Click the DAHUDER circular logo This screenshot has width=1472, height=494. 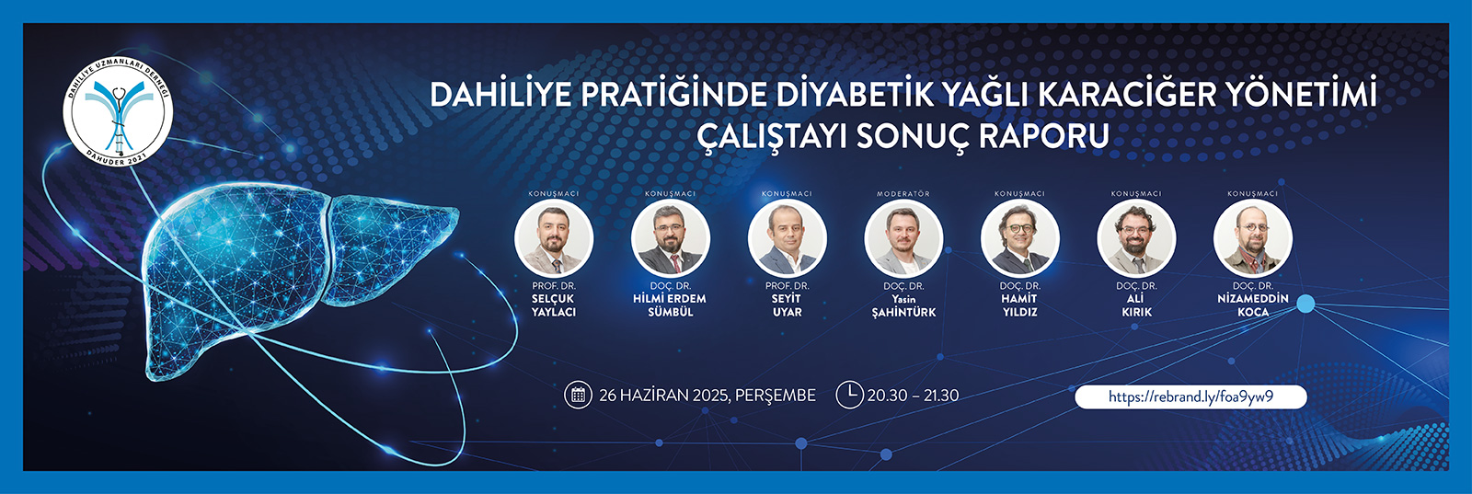119,111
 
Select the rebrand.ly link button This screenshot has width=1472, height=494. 1190,396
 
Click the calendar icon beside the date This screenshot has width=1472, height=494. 579,395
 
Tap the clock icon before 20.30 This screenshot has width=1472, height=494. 850,395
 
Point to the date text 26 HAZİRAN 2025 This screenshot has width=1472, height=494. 663,396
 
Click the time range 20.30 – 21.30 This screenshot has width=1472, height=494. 913,396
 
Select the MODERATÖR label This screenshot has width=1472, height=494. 903,194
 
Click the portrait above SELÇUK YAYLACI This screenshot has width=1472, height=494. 554,238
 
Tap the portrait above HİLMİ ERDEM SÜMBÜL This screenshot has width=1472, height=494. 671,238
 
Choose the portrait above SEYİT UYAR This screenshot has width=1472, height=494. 788,238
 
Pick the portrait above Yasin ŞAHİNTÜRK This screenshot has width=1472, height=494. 903,238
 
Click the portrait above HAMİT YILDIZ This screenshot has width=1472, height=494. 1020,238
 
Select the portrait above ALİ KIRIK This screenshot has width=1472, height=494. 1137,238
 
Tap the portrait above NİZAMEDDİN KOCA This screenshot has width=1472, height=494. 1253,238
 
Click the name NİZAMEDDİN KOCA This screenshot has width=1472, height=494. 1253,304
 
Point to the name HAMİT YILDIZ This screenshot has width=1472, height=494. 1020,304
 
